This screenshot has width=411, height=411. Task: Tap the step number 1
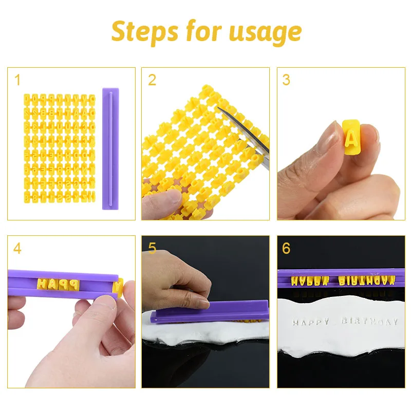[17, 80]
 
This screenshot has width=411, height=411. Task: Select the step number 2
[152, 80]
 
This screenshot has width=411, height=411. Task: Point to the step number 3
[286, 80]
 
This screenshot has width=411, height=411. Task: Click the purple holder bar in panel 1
[110, 149]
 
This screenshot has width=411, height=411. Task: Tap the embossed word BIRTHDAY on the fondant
[370, 322]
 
